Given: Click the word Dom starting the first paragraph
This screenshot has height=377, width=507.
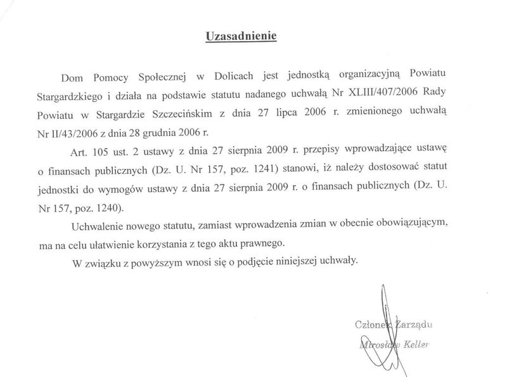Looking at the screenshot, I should (72, 77).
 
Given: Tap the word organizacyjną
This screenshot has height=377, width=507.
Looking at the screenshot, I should (360, 77).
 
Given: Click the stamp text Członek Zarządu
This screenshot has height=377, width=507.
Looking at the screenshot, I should (395, 326).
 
